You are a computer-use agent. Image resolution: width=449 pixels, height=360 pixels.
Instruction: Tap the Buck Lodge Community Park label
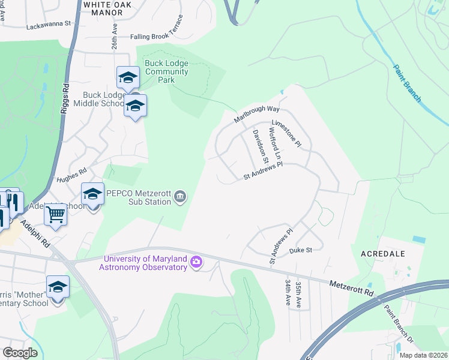pyautogui.click(x=166, y=71)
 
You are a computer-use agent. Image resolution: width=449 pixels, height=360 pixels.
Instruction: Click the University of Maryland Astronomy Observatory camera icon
pyautogui.click(x=196, y=262)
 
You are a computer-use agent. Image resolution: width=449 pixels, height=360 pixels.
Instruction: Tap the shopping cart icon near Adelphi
pyautogui.click(x=55, y=214)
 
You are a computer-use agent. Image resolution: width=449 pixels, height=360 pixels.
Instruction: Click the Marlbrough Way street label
pyautogui.click(x=257, y=113)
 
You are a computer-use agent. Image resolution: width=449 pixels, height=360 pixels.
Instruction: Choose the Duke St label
pyautogui.click(x=301, y=250)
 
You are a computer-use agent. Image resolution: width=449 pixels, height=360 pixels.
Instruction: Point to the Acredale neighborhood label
pyautogui.click(x=383, y=254)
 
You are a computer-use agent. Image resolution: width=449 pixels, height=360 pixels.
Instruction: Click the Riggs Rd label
pyautogui.click(x=65, y=100)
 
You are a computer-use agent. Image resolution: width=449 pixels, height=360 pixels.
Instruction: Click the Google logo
pyautogui.click(x=19, y=353)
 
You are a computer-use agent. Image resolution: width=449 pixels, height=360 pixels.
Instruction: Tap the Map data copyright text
pyautogui.click(x=423, y=355)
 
